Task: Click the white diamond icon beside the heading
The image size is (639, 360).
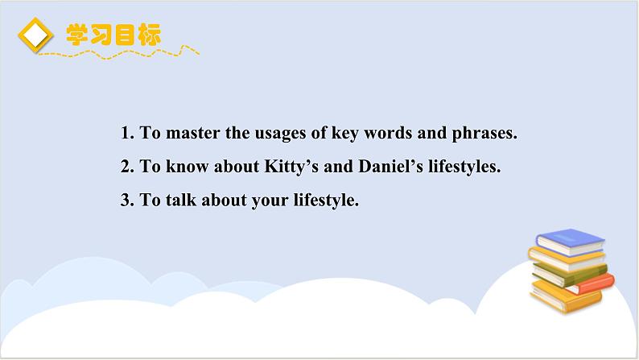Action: point(35,35)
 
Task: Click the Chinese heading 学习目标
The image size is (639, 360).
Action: point(113,35)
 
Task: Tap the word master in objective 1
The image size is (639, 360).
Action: point(193,133)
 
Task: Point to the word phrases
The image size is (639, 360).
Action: point(484,134)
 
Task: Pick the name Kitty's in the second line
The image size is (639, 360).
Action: point(291,167)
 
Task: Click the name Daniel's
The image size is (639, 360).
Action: point(390,167)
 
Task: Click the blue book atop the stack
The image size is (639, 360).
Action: point(570,242)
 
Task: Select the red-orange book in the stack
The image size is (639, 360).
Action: point(595,284)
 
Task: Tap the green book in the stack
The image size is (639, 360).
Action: point(569,274)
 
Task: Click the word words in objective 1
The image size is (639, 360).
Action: point(388,133)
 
